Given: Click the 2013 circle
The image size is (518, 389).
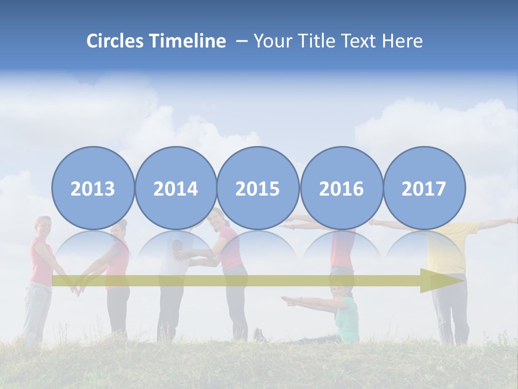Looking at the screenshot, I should [93, 188].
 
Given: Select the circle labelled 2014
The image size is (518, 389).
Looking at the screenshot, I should [175, 188].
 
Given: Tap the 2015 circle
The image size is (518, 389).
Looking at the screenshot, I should [258, 188].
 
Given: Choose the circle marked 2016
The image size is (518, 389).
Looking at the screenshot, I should [341, 188].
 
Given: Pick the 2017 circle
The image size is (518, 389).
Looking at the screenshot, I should [424, 188].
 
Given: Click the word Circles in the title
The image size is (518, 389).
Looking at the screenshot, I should [116, 41].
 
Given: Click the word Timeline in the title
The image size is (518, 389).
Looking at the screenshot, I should [188, 41].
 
